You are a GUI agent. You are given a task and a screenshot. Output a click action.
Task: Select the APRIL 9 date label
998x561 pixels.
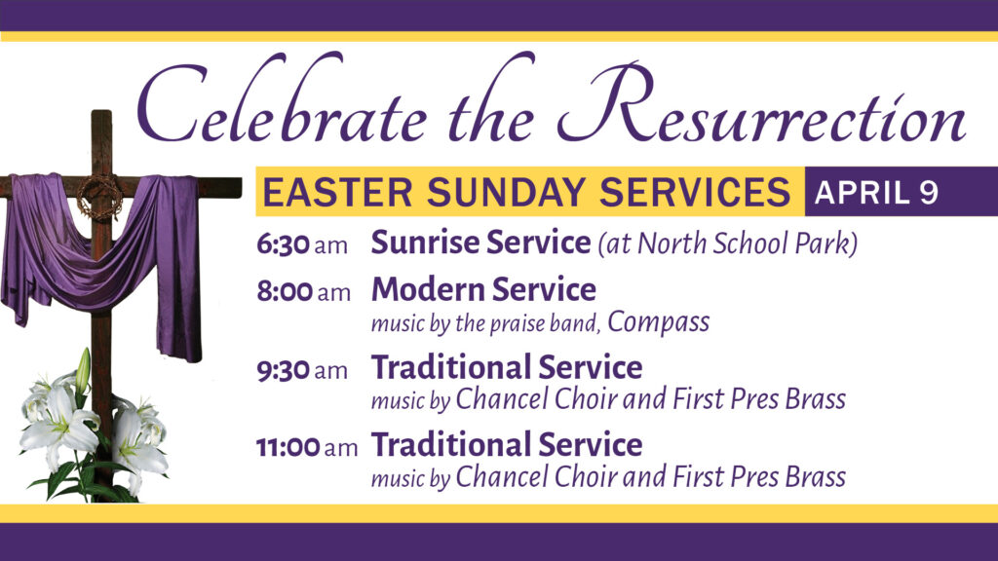point(876,192)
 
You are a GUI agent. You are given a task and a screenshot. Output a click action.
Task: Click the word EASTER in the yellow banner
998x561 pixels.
point(337,192)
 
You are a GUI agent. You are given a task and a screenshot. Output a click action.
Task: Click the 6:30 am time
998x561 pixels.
point(302,244)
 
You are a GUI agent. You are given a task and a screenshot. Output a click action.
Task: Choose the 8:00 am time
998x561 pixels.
point(304,292)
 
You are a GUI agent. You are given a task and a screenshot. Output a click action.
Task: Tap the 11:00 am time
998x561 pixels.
point(307,446)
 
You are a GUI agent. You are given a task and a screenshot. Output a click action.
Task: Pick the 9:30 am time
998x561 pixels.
point(302,369)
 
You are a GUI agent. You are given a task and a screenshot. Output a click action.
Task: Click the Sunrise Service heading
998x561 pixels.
point(480,243)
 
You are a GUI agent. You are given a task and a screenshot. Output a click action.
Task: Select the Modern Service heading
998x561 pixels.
point(483,289)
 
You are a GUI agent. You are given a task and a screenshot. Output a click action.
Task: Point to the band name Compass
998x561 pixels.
point(658,322)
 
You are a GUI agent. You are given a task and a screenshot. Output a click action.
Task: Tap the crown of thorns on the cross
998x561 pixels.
point(100,197)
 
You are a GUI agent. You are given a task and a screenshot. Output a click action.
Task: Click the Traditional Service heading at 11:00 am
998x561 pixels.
point(507,444)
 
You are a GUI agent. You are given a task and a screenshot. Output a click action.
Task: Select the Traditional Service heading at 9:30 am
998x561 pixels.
point(507,367)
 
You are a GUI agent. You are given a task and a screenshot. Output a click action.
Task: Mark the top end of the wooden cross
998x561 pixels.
point(101,112)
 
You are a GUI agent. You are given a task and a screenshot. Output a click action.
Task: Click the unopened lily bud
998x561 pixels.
point(83,370)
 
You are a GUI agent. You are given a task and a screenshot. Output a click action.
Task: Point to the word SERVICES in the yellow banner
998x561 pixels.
point(694,192)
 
